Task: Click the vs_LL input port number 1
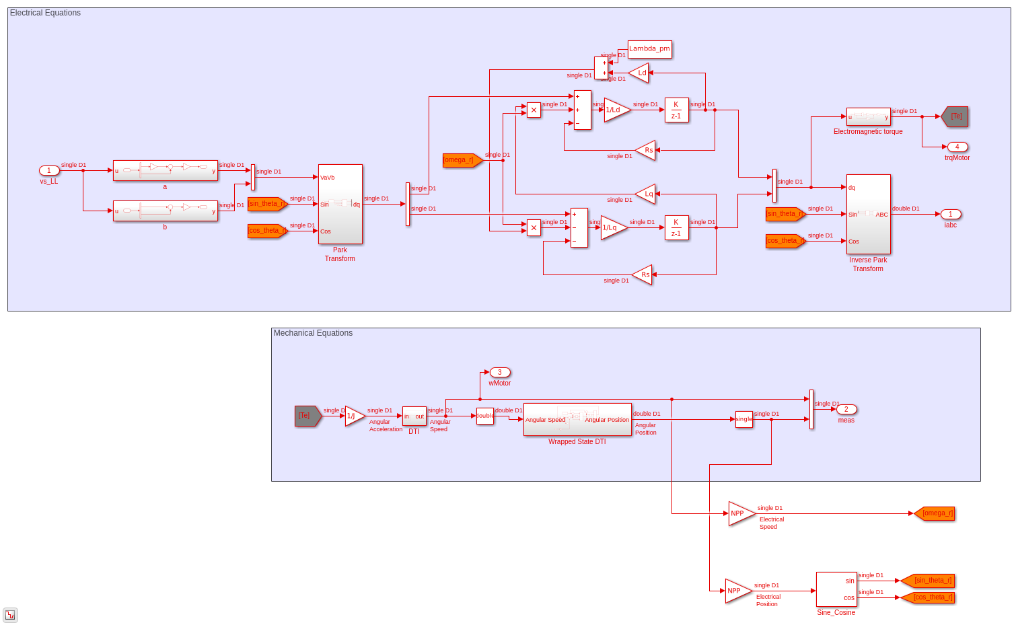click(49, 171)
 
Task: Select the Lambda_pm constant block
click(649, 49)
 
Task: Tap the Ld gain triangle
click(640, 73)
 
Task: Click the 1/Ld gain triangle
click(616, 110)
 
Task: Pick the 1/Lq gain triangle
click(612, 228)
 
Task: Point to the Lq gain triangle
click(647, 194)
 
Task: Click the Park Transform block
click(340, 205)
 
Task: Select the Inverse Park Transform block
click(868, 214)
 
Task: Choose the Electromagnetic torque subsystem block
click(868, 117)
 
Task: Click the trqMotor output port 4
click(957, 147)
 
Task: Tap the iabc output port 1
click(950, 215)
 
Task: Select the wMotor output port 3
click(500, 373)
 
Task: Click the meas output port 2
click(846, 410)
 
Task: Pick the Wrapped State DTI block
click(577, 419)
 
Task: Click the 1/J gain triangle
click(353, 416)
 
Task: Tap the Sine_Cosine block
click(836, 589)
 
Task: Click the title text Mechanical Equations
click(313, 333)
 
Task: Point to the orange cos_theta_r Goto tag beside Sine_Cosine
click(929, 597)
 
